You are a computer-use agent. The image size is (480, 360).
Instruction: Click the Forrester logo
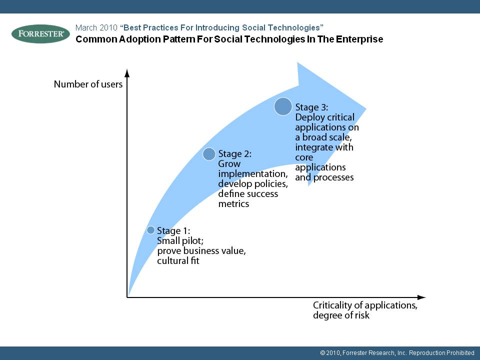click(40, 33)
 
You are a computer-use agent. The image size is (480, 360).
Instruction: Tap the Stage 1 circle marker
click(150, 230)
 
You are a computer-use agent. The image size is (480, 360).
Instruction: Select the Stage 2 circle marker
click(209, 154)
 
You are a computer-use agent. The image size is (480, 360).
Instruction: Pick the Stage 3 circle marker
click(283, 106)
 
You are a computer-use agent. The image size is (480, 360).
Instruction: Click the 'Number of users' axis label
click(88, 84)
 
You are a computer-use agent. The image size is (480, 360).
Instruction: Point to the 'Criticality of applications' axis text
click(365, 305)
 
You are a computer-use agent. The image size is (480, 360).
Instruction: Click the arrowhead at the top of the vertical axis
click(127, 73)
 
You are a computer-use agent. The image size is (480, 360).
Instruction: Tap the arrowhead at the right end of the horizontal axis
click(421, 297)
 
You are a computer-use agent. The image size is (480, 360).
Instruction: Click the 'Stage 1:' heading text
click(173, 230)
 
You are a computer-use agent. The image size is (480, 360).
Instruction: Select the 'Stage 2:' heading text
click(235, 153)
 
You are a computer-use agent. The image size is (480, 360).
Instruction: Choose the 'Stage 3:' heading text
click(311, 107)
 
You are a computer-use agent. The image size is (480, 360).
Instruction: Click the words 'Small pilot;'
click(180, 241)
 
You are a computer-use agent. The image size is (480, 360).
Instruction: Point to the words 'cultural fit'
click(178, 261)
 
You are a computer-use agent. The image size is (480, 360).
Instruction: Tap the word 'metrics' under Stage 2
click(233, 204)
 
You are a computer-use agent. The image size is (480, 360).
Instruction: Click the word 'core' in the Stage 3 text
click(304, 157)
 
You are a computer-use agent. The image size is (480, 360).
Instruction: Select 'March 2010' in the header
click(96, 28)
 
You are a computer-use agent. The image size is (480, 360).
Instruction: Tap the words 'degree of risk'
click(341, 315)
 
